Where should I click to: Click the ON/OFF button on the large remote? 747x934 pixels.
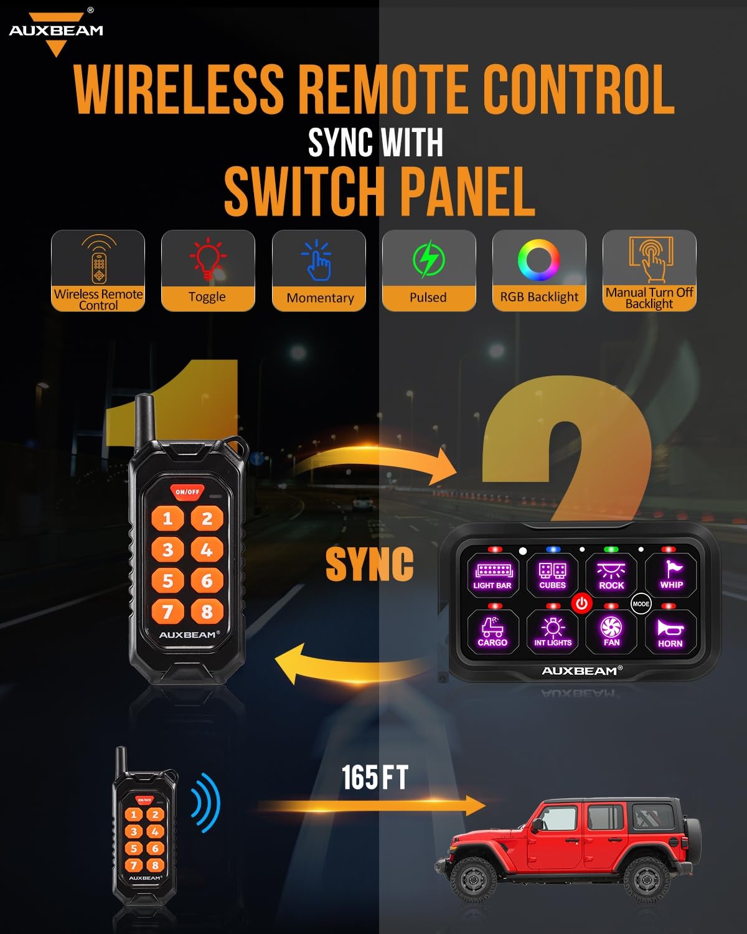(187, 491)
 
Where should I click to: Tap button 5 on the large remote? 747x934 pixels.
(167, 580)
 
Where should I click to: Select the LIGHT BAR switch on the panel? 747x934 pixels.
(492, 575)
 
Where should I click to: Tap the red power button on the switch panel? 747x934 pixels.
(581, 603)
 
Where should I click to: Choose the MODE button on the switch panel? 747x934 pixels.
(641, 603)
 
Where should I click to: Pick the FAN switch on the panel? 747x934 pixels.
(611, 631)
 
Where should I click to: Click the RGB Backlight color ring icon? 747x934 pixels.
(539, 260)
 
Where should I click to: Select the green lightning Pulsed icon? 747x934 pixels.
(428, 260)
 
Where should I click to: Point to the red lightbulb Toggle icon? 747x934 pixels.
(208, 260)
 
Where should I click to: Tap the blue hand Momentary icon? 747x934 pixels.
(318, 260)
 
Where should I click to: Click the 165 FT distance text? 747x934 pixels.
(375, 778)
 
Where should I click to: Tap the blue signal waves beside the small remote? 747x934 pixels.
(206, 804)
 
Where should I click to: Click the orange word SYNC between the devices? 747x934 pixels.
(369, 564)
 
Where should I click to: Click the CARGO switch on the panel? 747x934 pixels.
(492, 631)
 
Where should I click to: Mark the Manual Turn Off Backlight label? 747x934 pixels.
(649, 298)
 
